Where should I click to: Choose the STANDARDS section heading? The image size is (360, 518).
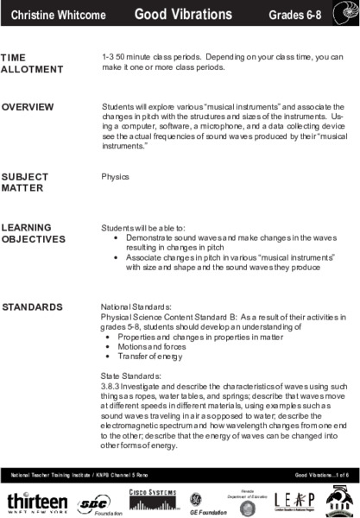click(32, 306)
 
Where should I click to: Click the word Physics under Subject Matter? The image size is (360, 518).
click(115, 176)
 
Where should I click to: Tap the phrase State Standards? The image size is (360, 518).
click(125, 376)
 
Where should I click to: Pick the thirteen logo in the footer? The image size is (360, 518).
click(36, 502)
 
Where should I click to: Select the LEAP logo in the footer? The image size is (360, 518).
click(292, 502)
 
